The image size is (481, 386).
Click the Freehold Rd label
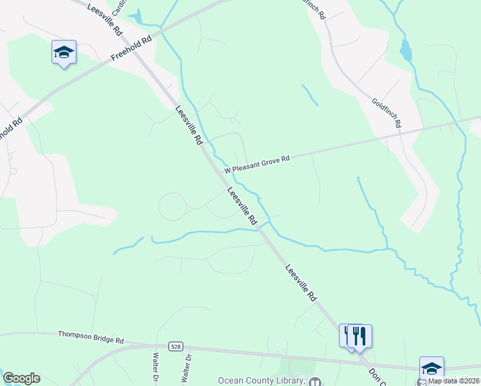pyautogui.click(x=131, y=49)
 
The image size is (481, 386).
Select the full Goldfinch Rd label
pyautogui.click(x=386, y=112)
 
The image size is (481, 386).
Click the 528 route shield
pyautogui.click(x=176, y=346)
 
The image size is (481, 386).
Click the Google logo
pyautogui.click(x=21, y=378)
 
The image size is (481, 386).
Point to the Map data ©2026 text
pyautogui.click(x=453, y=381)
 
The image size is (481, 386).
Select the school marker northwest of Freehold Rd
pyautogui.click(x=64, y=52)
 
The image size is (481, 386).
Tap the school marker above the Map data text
pyautogui.click(x=431, y=369)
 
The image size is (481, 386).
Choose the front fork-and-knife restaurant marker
pyautogui.click(x=359, y=336)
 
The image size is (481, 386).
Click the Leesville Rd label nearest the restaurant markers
pyautogui.click(x=300, y=283)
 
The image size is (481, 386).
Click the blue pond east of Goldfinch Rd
pyautogui.click(x=406, y=50)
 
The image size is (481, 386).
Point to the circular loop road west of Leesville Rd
pyautogui.click(x=172, y=207)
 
